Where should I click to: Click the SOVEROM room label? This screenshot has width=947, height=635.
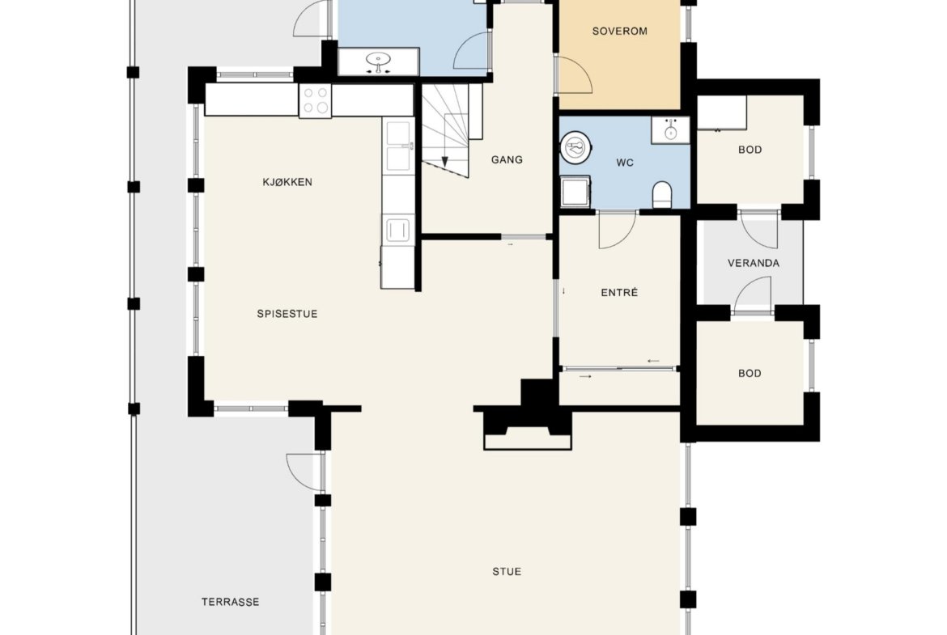620,31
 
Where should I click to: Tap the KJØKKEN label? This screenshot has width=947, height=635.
287,182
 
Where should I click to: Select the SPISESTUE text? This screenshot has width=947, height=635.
287,314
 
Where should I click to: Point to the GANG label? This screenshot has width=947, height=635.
507,159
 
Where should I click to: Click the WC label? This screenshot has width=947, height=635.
625,163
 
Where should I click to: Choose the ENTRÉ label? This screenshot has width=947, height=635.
620,292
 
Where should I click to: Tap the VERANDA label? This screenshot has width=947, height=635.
753,263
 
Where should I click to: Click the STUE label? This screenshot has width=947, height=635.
507,572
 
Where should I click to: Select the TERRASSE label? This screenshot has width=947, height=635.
230,602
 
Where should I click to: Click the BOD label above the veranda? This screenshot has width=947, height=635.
750,150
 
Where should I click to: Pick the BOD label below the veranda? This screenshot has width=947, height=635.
750,374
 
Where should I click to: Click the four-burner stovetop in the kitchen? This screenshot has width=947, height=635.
316,100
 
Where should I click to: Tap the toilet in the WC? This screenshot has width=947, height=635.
663,194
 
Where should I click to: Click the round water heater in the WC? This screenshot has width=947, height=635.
575,147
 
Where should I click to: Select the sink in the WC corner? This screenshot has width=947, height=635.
670,129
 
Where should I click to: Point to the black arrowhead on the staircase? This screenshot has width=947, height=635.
445,162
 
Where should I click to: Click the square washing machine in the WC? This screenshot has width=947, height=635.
575,192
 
